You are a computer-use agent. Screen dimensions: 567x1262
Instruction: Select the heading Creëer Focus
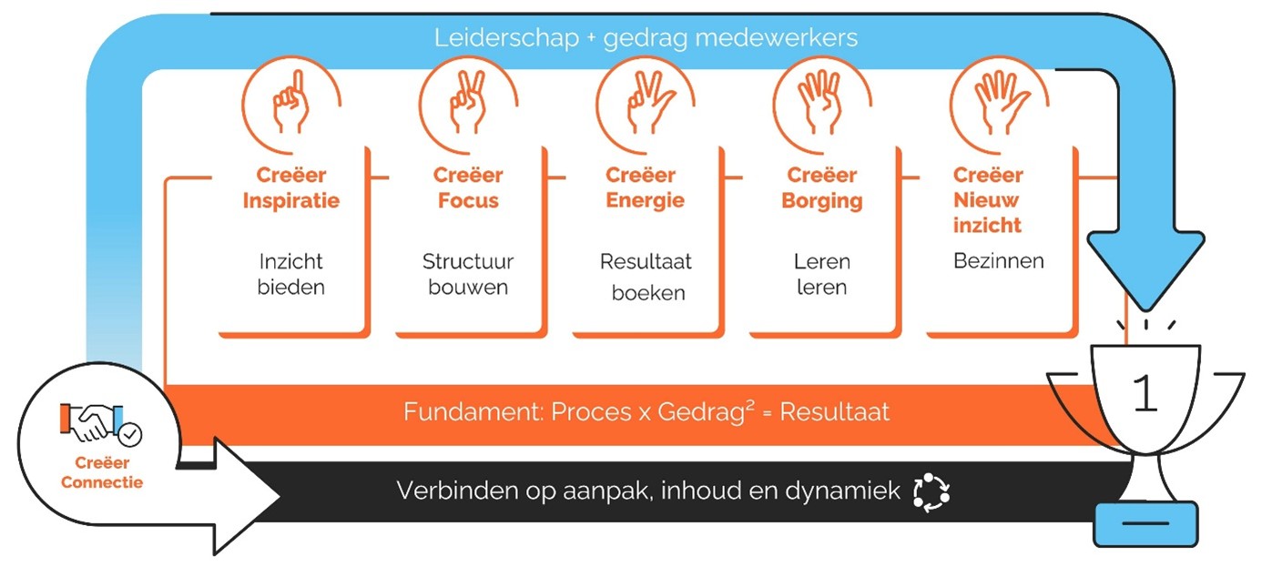[467, 187]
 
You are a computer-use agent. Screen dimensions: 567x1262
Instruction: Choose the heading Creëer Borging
[821, 187]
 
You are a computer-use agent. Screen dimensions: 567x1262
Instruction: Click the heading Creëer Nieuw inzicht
[988, 199]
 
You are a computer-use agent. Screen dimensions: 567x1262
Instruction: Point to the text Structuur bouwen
[468, 274]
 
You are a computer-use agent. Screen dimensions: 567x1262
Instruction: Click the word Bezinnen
[998, 261]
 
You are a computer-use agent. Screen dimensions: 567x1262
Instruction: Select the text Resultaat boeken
[646, 277]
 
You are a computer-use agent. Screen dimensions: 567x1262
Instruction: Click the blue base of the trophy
[1145, 525]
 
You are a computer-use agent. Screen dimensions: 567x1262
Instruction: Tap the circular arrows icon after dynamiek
[931, 491]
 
